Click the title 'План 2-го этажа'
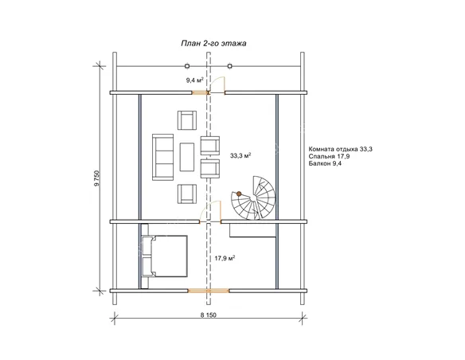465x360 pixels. pos(213,43)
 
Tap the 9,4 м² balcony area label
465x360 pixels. pos(194,80)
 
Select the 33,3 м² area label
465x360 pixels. pos(240,155)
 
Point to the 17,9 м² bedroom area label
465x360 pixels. pos(225,258)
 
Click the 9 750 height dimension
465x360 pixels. pos(96,178)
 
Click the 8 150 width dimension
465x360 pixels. pos(208,315)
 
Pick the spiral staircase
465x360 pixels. pos(253,198)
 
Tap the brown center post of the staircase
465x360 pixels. pos(239,194)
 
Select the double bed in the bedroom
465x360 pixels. pos(165,256)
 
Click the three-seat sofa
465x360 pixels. pos(162,157)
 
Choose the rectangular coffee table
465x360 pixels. pos(187,157)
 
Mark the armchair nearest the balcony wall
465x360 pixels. pos(187,120)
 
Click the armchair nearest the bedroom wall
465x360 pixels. pos(187,194)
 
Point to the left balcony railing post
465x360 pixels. pos(187,66)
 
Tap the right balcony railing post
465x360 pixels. pos(230,66)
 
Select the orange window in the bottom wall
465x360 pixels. pos(209,291)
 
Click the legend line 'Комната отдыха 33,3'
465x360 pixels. pos(341,149)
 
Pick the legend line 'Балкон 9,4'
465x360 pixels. pos(325,163)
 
